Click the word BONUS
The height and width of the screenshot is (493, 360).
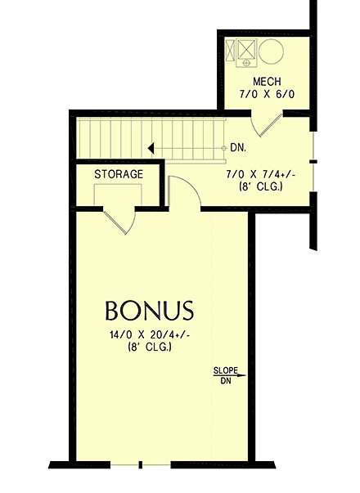pos(149,311)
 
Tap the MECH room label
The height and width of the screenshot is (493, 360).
pos(268,82)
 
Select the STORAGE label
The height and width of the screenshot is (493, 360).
pos(119,174)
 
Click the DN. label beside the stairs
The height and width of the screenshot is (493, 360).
pos(239,148)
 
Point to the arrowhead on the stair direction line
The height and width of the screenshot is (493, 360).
pos(151,148)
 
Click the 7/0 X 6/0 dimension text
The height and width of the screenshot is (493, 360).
pos(268,95)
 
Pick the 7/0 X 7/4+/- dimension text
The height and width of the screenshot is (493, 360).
pos(259,174)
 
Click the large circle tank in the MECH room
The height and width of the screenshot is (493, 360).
pos(272,54)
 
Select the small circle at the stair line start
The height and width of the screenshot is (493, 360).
pos(225,148)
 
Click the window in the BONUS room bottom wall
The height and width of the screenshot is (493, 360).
pos(141,465)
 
